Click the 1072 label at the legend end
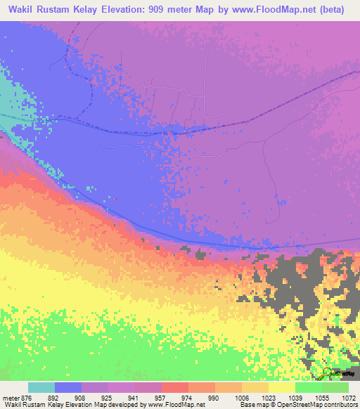(x=348, y=397)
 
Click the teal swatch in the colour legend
(x=41, y=387)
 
